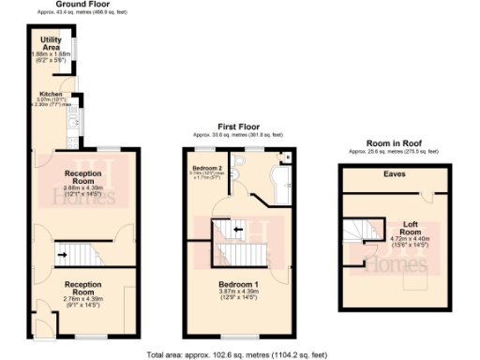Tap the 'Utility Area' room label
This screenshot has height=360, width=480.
[51, 44]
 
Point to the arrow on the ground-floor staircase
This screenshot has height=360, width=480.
[63, 250]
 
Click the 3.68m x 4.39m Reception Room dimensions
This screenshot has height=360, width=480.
[82, 190]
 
